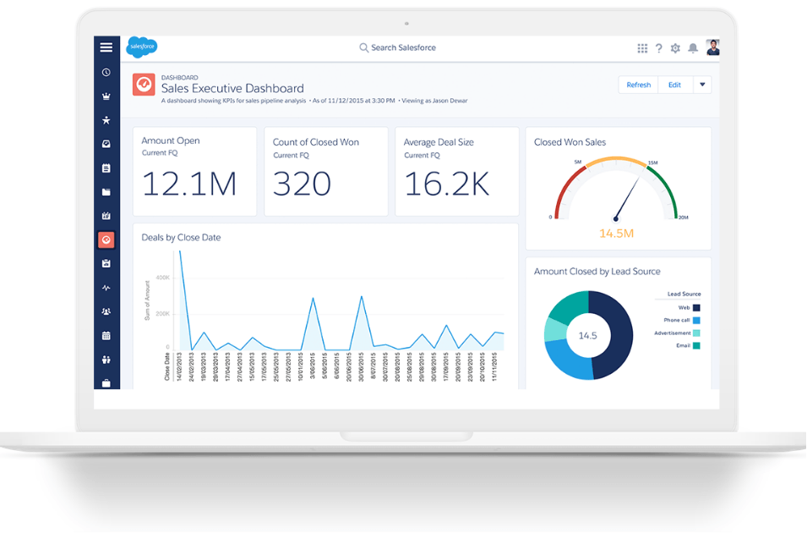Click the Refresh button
point(639,85)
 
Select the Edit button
point(674,85)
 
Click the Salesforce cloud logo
point(140,47)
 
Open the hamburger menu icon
point(106,47)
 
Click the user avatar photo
point(712,47)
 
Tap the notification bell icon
point(693,48)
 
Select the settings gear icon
point(675,48)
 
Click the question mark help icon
point(659,48)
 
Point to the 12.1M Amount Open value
point(188,184)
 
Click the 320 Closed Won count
point(302,184)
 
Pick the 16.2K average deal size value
point(446,184)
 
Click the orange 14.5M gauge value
point(616,233)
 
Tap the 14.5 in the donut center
point(587,336)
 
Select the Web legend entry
point(690,308)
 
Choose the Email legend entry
point(688,345)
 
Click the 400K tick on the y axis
point(161,278)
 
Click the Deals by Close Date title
point(181,238)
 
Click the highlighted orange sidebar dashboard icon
point(106,240)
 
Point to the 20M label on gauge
point(683,218)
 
